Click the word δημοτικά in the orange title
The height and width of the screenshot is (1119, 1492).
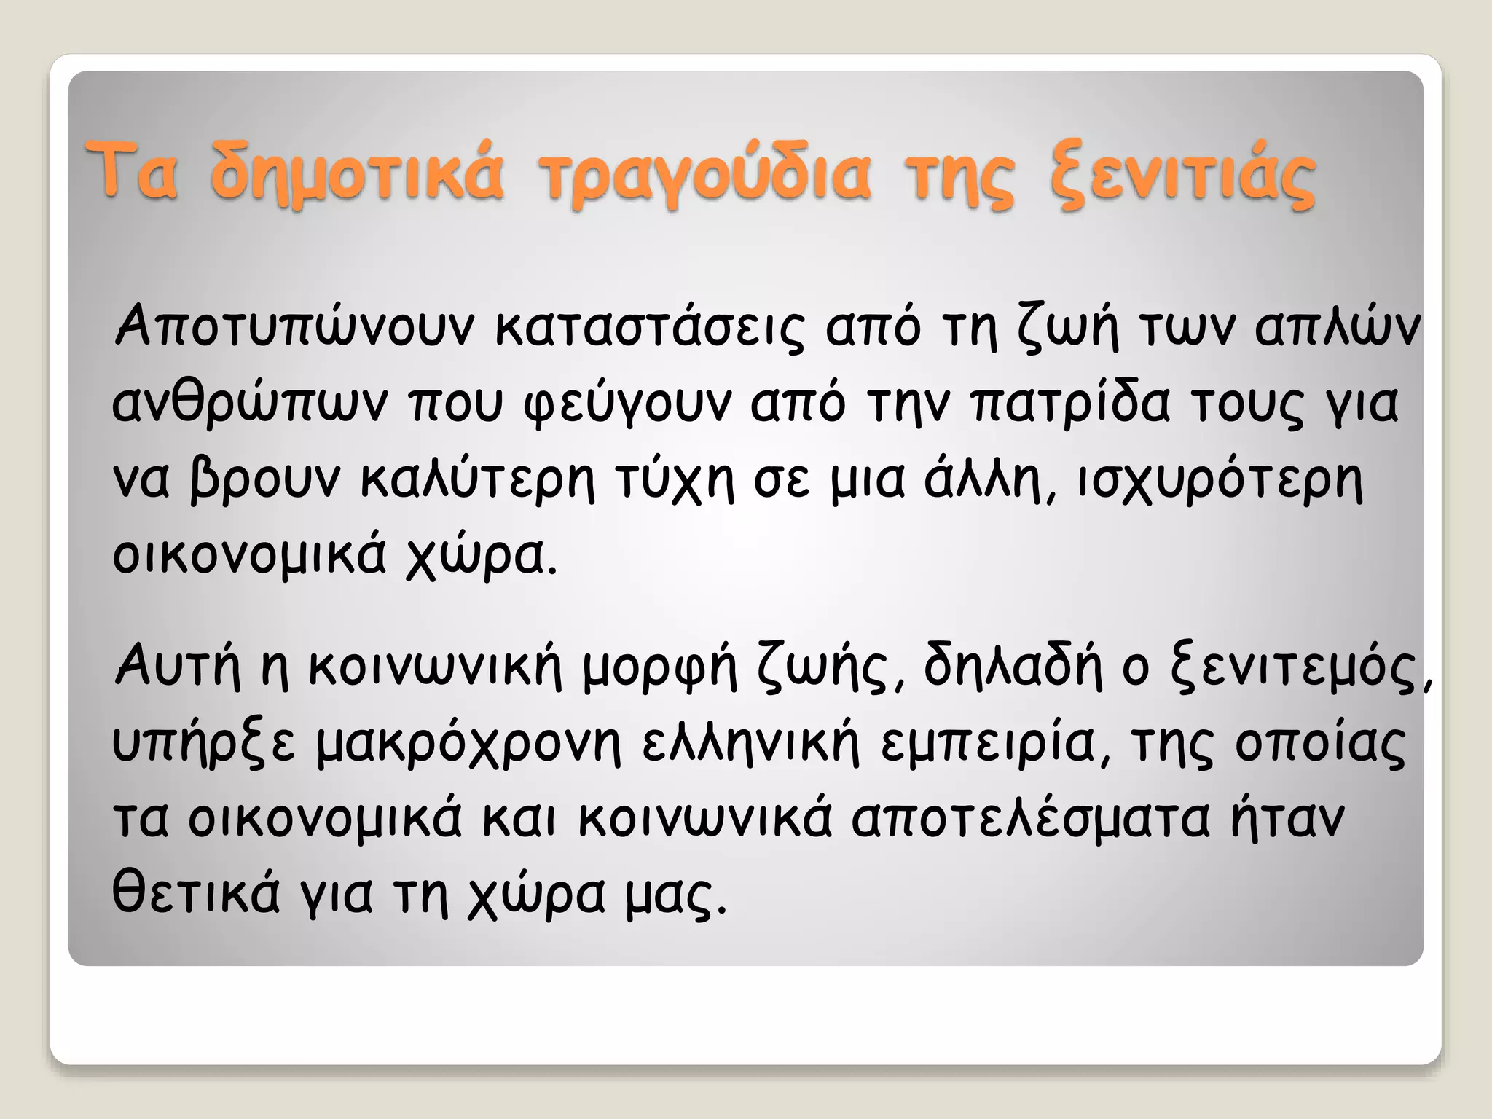pos(356,175)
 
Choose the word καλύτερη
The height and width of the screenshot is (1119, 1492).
pos(478,481)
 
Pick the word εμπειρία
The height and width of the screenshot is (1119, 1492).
pos(987,743)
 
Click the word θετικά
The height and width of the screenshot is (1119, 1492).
pos(196,892)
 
